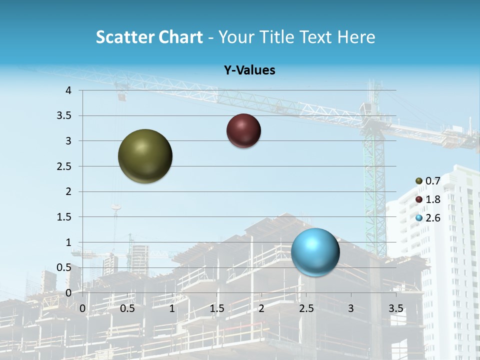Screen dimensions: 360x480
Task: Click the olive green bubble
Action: pos(145,156)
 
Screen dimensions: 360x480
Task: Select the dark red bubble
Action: pos(243,131)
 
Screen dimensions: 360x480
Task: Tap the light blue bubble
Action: pos(315,252)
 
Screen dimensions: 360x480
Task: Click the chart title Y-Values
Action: pos(249,70)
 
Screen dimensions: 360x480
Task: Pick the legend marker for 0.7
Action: pos(419,181)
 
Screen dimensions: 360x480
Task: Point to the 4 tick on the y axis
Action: pos(69,90)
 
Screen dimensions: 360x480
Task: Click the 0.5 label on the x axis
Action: pos(127,308)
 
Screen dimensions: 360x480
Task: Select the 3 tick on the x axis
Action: pos(350,308)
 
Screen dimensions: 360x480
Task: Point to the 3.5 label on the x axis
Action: pos(395,308)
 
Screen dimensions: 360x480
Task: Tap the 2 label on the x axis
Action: pos(261,308)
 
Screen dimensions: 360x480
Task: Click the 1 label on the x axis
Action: pos(172,308)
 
